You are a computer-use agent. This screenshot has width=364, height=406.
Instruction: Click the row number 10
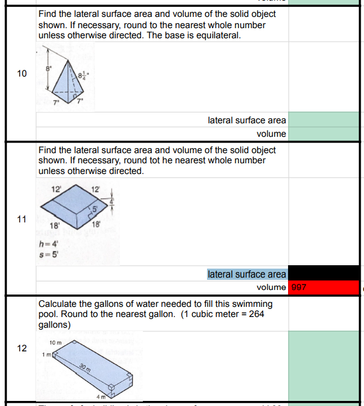[21, 74]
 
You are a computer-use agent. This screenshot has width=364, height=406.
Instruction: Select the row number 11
[21, 220]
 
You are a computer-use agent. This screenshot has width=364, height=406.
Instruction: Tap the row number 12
[21, 348]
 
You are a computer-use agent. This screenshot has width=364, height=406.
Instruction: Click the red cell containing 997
[323, 287]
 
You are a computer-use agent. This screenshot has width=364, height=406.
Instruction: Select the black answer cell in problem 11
[323, 273]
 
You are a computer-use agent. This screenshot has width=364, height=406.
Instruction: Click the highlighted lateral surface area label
[246, 274]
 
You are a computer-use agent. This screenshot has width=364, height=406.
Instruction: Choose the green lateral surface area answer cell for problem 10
[323, 120]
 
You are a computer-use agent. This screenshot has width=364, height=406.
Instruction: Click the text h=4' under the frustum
[48, 244]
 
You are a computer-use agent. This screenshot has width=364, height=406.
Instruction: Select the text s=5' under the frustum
[48, 254]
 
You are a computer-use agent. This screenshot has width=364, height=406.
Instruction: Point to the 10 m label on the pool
[56, 343]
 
